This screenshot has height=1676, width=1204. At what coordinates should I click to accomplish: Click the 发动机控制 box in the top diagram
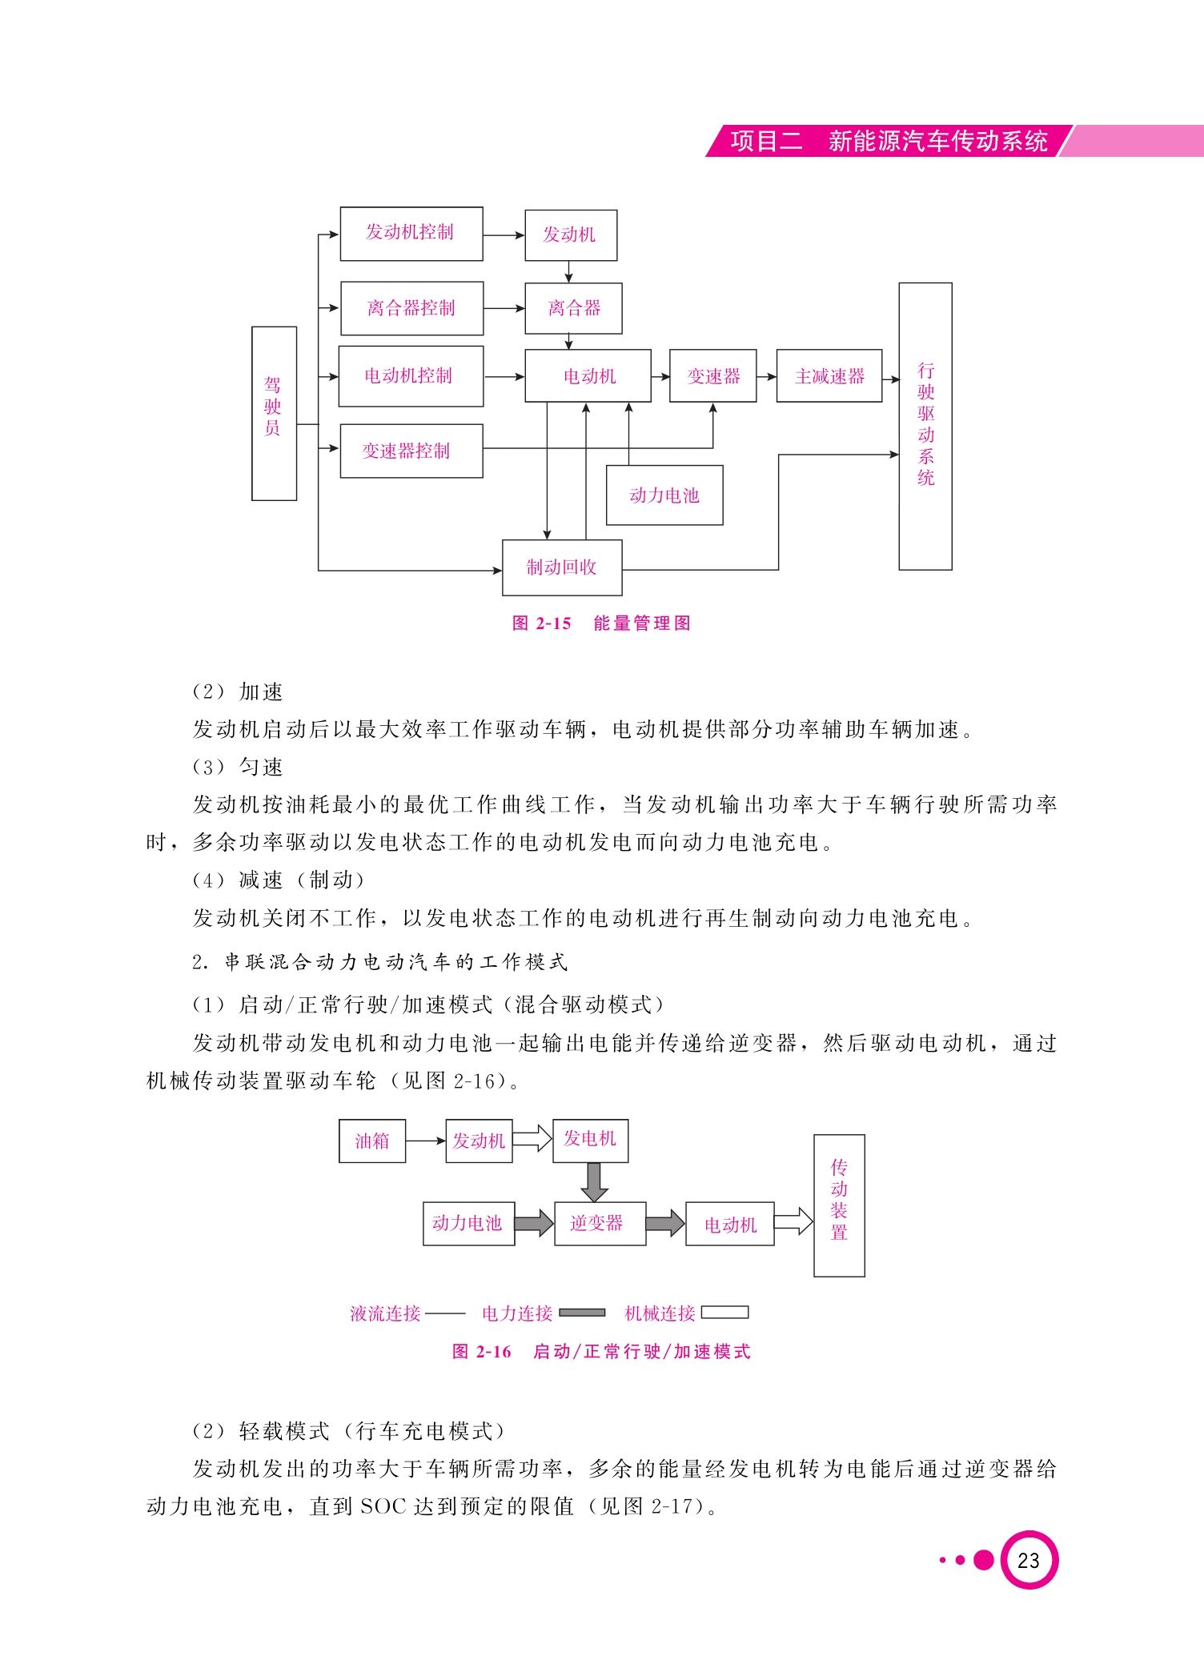click(x=411, y=234)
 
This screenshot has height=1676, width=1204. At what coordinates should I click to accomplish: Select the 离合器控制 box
click(x=412, y=308)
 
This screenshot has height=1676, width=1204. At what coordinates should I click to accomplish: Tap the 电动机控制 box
click(x=411, y=376)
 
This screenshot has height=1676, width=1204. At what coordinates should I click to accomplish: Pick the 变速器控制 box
click(x=411, y=451)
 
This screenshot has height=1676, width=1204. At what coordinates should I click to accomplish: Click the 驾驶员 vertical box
click(x=275, y=413)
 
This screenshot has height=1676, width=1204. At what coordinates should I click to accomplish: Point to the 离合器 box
click(x=573, y=308)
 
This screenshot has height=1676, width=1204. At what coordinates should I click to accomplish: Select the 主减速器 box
click(x=829, y=375)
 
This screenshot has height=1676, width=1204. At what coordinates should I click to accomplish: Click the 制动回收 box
click(x=562, y=567)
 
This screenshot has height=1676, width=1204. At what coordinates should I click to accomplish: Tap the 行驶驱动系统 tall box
click(x=925, y=426)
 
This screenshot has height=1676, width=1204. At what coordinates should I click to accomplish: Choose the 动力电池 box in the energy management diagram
click(x=664, y=495)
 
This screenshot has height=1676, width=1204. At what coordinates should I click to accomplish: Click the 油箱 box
click(x=372, y=1141)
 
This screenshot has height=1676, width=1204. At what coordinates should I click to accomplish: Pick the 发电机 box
click(x=590, y=1141)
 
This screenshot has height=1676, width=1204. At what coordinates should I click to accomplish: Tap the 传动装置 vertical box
click(x=839, y=1205)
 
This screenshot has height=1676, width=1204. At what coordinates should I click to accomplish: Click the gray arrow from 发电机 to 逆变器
click(x=593, y=1182)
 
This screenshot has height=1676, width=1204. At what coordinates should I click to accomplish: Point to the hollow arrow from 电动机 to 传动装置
click(x=793, y=1223)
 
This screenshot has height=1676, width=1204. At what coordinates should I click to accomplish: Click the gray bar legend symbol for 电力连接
click(x=582, y=1313)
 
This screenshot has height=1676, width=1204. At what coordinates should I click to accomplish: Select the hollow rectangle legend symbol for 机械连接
click(x=724, y=1313)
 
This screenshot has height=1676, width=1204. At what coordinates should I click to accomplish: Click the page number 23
click(x=1029, y=1560)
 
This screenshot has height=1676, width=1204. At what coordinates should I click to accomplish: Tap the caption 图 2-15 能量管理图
click(x=601, y=623)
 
